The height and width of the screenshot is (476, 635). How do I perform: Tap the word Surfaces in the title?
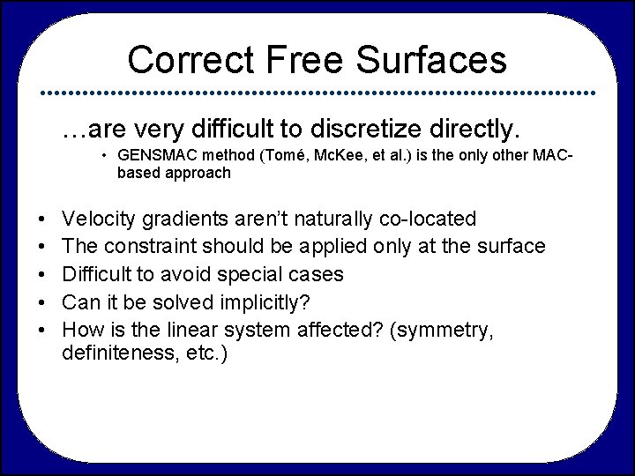(x=432, y=60)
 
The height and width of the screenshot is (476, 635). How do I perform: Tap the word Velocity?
(x=99, y=218)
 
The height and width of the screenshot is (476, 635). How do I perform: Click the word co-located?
(x=429, y=218)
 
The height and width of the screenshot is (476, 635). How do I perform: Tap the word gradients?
(x=180, y=219)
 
